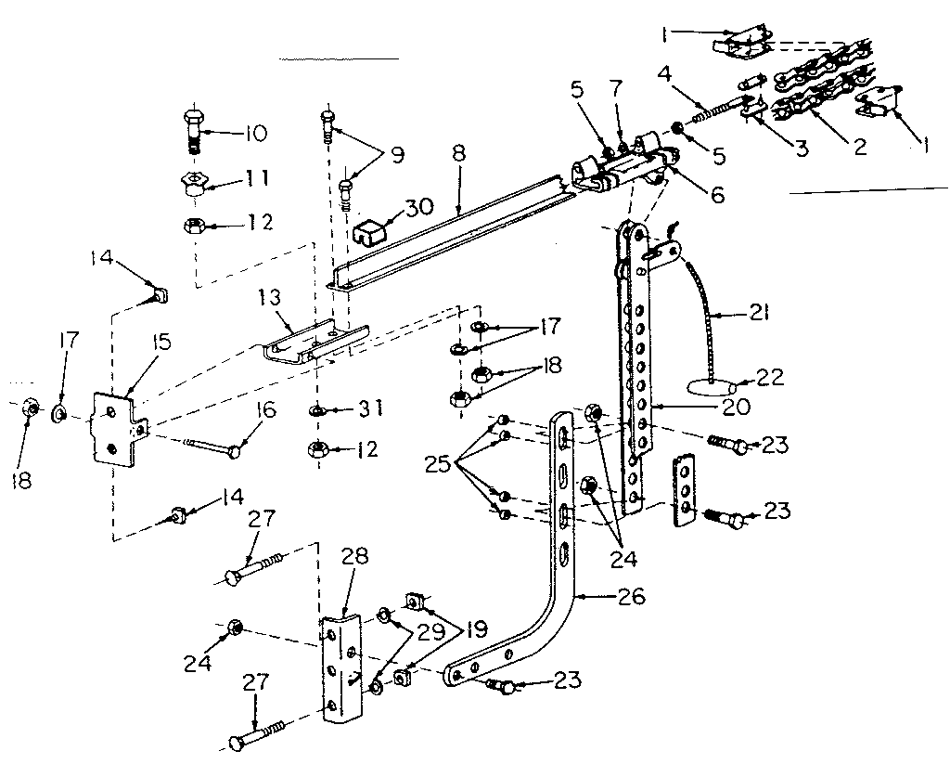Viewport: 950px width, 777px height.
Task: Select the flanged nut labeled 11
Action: (x=191, y=182)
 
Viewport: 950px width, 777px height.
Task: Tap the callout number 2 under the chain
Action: (x=861, y=147)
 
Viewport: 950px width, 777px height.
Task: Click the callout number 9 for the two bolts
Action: (x=397, y=154)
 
